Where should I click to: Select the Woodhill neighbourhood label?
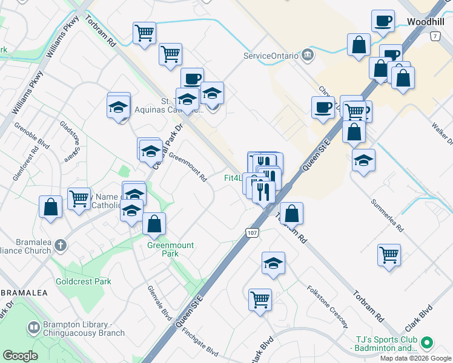[426, 21]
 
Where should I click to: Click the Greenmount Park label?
[163, 250]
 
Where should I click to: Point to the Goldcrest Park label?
[84, 281]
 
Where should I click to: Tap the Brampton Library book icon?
[34, 328]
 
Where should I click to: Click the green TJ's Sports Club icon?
[427, 343]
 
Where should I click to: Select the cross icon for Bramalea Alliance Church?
[59, 245]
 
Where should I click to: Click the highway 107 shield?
[252, 232]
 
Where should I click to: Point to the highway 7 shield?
[434, 36]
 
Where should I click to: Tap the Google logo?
[20, 356]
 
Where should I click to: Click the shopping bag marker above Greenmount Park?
[155, 224]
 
